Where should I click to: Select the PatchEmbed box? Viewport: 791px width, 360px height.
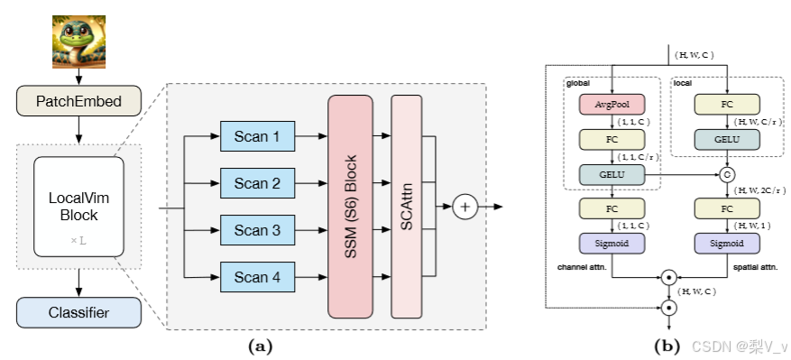(78, 101)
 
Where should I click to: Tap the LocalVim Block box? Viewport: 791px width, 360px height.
(78, 207)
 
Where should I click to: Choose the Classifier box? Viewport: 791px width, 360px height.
(78, 312)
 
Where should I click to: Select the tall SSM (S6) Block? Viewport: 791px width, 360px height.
(351, 206)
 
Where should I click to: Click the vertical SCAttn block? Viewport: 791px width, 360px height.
(406, 206)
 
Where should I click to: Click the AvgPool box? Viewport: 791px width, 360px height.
(612, 105)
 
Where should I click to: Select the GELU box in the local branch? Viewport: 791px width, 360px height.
(727, 140)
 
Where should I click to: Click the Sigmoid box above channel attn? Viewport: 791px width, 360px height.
(612, 245)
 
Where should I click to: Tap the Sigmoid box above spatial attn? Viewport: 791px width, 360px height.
(727, 245)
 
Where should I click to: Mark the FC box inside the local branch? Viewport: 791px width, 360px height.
(727, 105)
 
